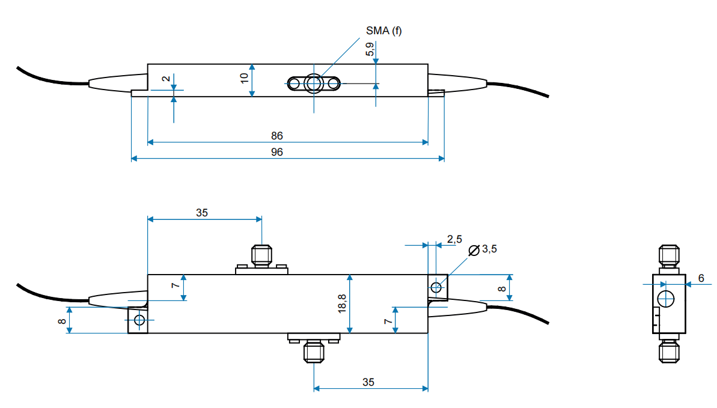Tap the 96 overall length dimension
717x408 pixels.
click(276, 152)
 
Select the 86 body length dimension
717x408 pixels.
click(276, 136)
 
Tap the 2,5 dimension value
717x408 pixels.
click(454, 239)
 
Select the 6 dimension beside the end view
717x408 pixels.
click(701, 278)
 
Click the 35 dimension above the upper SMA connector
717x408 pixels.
click(202, 212)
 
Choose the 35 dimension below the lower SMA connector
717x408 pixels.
click(368, 382)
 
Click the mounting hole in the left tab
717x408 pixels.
click(139, 320)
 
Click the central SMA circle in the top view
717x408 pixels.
click(313, 83)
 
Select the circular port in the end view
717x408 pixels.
click(666, 299)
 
